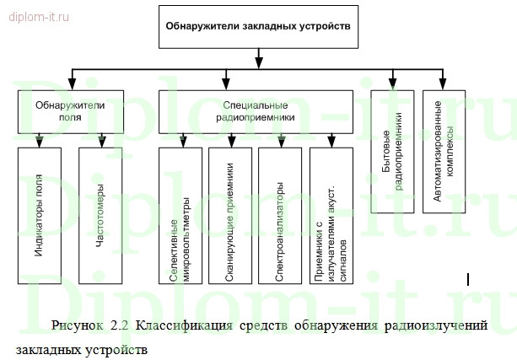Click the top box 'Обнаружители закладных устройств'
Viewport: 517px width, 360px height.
pos(256,26)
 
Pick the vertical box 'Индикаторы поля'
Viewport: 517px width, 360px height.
pos(40,215)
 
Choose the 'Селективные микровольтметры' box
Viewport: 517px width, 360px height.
pos(180,219)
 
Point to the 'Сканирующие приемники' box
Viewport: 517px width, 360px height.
pos(229,219)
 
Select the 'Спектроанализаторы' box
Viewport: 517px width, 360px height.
pos(280,219)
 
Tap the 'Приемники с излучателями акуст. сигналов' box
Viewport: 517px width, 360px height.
pos(330,219)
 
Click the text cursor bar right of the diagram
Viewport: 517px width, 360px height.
pos(468,277)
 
